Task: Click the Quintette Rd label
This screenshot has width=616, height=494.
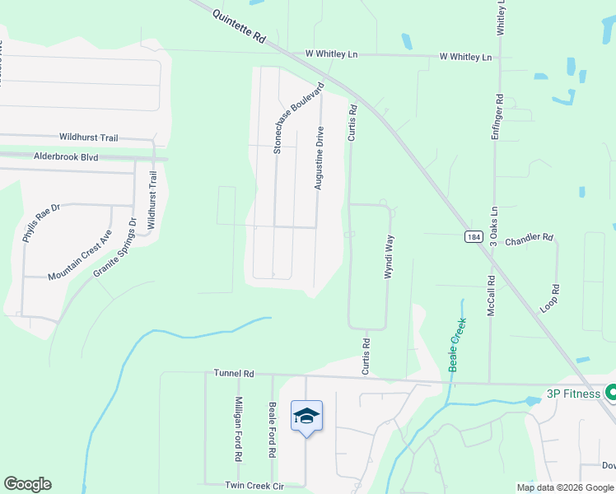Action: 240,27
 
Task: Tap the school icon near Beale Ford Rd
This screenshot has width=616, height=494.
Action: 306,417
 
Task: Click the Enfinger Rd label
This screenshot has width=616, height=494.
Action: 497,108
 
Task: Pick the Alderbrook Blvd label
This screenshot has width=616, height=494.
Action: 66,155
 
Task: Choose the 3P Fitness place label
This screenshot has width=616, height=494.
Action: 574,394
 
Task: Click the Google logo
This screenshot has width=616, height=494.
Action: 27,484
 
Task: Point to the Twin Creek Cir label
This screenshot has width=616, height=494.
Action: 254,486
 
